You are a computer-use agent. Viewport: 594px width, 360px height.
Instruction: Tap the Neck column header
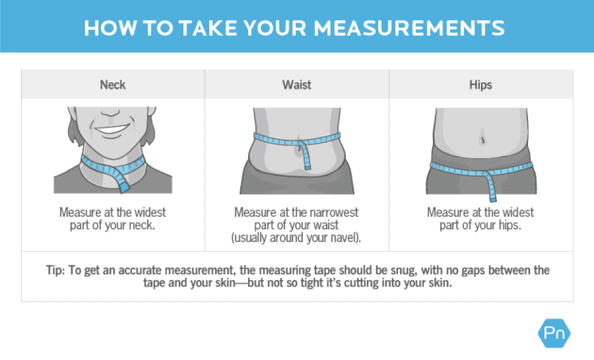pos(112,85)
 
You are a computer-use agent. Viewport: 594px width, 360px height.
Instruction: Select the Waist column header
pos(296,85)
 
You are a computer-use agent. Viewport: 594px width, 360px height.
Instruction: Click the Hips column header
pos(480,85)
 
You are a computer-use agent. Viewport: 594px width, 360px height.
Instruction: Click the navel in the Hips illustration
pos(480,139)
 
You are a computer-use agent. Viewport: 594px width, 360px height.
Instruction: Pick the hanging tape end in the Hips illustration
pos(490,186)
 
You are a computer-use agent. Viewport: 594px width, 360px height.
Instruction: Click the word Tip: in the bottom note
pos(56,268)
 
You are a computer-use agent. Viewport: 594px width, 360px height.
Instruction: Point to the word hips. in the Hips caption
pos(511,225)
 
